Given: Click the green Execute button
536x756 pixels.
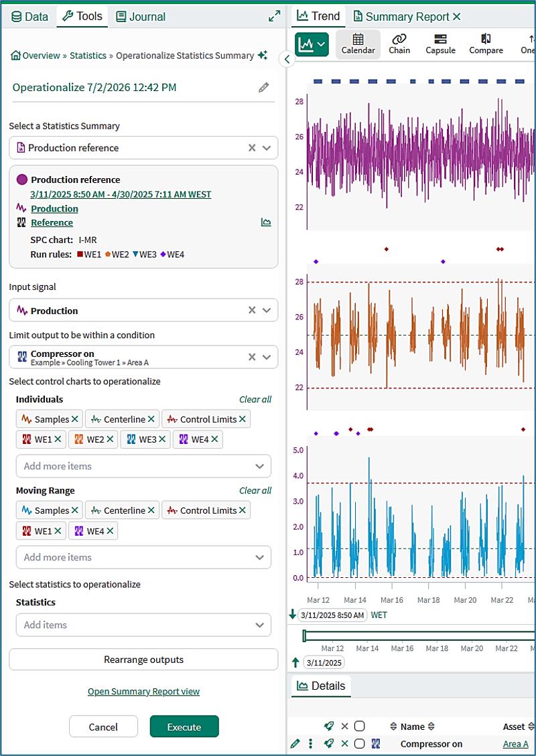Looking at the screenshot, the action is click(x=184, y=727).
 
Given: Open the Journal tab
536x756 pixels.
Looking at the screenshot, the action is click(x=141, y=17).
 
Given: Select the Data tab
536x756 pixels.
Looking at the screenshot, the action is click(x=29, y=17).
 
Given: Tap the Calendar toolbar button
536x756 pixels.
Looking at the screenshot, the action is click(x=358, y=44).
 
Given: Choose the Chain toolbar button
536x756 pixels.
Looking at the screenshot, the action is click(x=399, y=44).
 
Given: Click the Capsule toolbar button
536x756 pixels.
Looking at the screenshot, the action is click(x=440, y=44).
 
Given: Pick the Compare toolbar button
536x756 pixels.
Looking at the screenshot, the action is click(x=486, y=44).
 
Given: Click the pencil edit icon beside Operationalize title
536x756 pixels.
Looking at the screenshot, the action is click(x=263, y=87).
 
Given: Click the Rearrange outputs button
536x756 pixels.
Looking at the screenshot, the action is click(x=144, y=660).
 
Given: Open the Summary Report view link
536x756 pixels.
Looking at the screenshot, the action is click(x=144, y=692).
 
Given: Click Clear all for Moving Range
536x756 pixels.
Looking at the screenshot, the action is click(x=255, y=490).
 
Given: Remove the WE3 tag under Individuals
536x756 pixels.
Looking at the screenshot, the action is click(x=162, y=439).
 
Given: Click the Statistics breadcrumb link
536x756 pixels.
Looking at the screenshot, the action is click(x=88, y=56).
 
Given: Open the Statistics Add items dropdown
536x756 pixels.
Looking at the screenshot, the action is click(x=144, y=625).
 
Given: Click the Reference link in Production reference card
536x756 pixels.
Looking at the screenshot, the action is click(x=52, y=223).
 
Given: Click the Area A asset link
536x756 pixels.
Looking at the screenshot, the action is click(x=516, y=744).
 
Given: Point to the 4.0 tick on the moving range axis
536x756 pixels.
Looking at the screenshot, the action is click(x=298, y=476).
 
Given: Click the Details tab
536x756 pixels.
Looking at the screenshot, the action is click(x=322, y=686).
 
